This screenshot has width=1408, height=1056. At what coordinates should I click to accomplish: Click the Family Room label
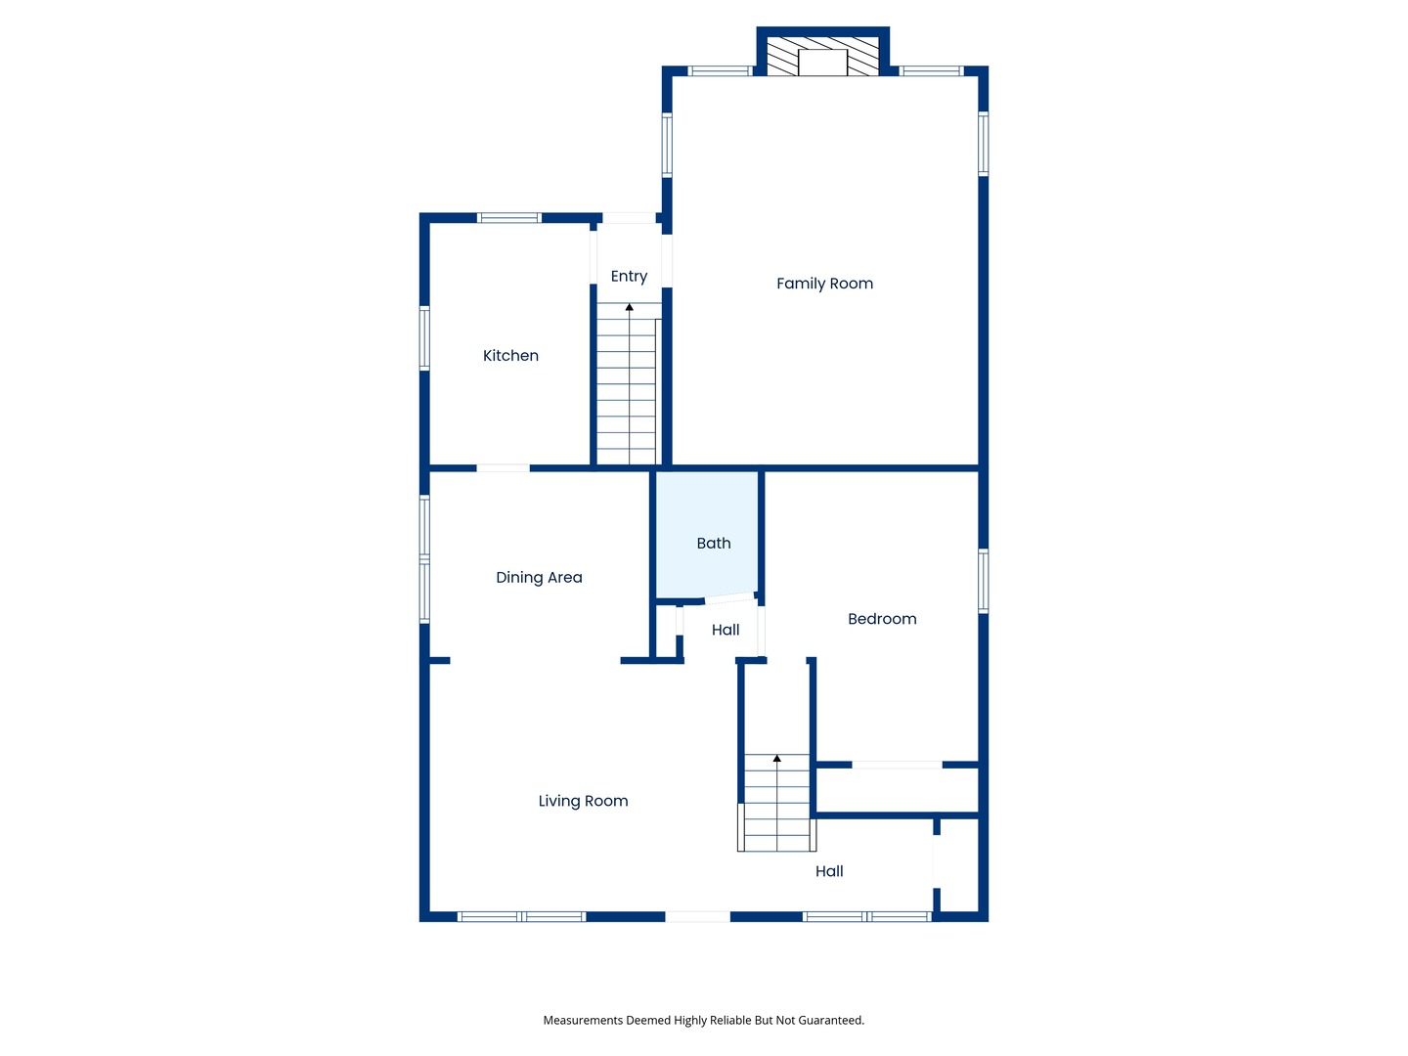[x=824, y=284]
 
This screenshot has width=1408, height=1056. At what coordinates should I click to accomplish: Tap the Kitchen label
[x=510, y=355]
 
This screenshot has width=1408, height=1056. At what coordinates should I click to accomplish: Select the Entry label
[x=629, y=277]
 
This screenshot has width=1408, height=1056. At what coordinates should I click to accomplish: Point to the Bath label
[x=714, y=543]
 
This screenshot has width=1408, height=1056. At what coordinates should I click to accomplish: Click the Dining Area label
[x=539, y=578]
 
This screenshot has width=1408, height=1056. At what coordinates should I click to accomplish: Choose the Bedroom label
[x=882, y=619]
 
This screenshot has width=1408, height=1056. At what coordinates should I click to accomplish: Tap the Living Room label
[x=583, y=801]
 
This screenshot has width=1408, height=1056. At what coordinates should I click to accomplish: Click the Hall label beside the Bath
[x=726, y=630]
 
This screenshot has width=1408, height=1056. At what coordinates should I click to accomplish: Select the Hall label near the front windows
[x=829, y=870]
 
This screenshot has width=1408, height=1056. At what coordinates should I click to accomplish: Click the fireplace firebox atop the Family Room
[x=822, y=63]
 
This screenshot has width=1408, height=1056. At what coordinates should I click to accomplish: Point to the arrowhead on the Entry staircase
[x=630, y=307]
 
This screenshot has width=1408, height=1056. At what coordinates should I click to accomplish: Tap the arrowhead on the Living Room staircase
[x=776, y=759]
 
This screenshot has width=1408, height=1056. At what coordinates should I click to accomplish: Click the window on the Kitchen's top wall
[x=508, y=218]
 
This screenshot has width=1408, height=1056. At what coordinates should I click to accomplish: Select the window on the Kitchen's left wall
[x=424, y=338]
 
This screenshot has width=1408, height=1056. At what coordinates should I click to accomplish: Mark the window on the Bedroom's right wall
[x=983, y=581]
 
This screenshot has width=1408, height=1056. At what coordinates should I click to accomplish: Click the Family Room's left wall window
[x=667, y=145]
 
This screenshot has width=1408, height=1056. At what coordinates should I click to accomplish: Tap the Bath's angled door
[x=729, y=598]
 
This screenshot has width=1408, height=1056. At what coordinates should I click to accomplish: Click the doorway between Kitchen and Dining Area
[x=503, y=468]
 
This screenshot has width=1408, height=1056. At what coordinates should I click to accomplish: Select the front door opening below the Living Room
[x=697, y=917]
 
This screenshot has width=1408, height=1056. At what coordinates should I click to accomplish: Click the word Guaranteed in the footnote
[x=831, y=1020]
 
